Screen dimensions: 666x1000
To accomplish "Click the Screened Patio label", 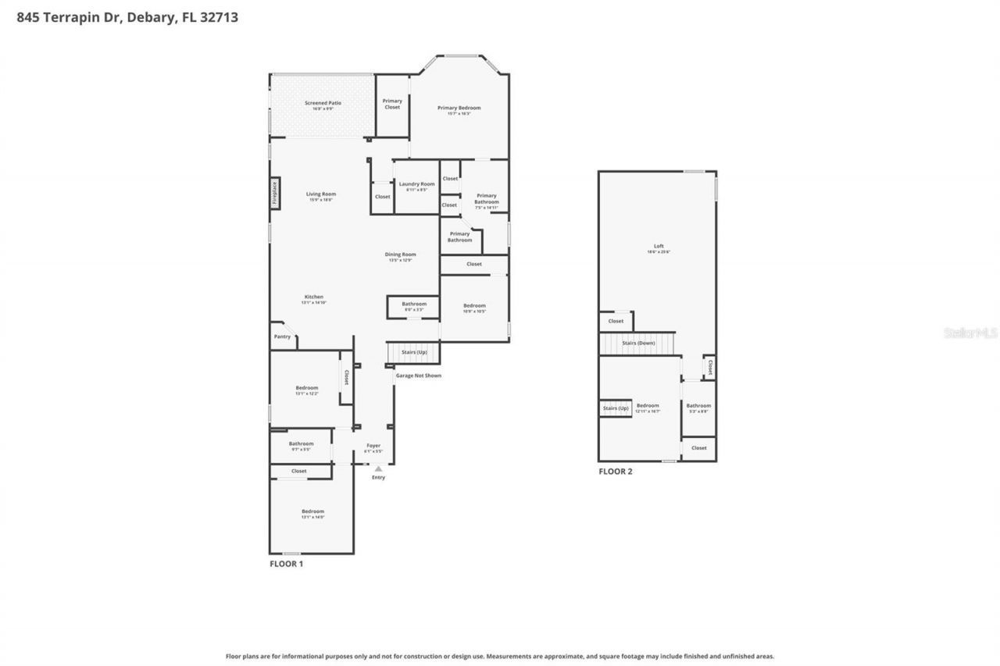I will pyautogui.click(x=323, y=103).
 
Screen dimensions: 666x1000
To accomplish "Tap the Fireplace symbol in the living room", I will pyautogui.click(x=275, y=193).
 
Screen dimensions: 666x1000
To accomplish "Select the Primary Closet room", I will pyautogui.click(x=392, y=104).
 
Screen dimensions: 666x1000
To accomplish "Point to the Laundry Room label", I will pyautogui.click(x=416, y=184).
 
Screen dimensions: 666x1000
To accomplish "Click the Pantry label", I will pyautogui.click(x=282, y=337).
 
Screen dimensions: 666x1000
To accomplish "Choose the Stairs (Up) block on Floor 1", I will pyautogui.click(x=414, y=352).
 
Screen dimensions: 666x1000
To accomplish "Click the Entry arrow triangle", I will pyautogui.click(x=378, y=468).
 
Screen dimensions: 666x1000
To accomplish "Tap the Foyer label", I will pyautogui.click(x=373, y=446).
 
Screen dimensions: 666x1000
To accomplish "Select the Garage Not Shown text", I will pyautogui.click(x=418, y=376).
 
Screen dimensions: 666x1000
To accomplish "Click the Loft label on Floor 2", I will pyautogui.click(x=659, y=247).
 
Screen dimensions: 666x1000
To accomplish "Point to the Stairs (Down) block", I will pyautogui.click(x=638, y=344).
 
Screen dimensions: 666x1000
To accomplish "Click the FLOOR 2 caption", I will pyautogui.click(x=616, y=472).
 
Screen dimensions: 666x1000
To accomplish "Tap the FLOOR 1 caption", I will pyautogui.click(x=286, y=564).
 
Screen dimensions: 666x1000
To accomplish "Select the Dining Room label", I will pyautogui.click(x=400, y=255).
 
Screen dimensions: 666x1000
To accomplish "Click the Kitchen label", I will pyautogui.click(x=313, y=297).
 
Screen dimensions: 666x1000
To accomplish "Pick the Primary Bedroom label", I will pyautogui.click(x=459, y=108).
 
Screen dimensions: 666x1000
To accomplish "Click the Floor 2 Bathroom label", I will pyautogui.click(x=698, y=406).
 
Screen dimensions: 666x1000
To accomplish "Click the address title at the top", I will pyautogui.click(x=127, y=16).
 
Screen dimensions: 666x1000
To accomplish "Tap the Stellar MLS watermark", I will pyautogui.click(x=970, y=333).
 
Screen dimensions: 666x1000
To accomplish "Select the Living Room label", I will pyautogui.click(x=320, y=194).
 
